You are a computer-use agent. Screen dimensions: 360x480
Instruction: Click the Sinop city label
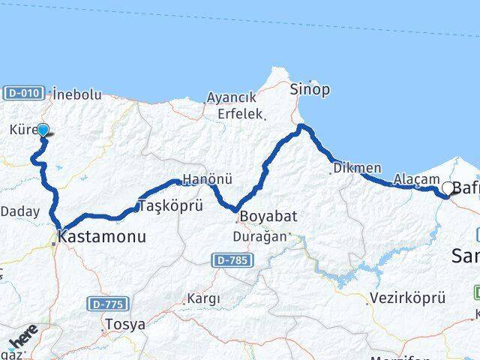[310, 90]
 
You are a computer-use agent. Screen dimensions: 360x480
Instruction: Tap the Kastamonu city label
[101, 237]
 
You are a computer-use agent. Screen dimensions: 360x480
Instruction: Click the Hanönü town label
[202, 181]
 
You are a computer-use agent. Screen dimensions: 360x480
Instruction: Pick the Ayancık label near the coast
[232, 97]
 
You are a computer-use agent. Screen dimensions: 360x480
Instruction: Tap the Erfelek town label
[239, 114]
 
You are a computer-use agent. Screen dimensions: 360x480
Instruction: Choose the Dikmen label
[357, 168]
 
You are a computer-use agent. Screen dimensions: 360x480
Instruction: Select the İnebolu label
[77, 94]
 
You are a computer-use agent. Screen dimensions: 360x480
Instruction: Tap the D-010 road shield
[23, 93]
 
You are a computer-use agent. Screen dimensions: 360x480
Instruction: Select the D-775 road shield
[107, 304]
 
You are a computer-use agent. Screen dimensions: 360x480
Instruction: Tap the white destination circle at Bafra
[448, 188]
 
